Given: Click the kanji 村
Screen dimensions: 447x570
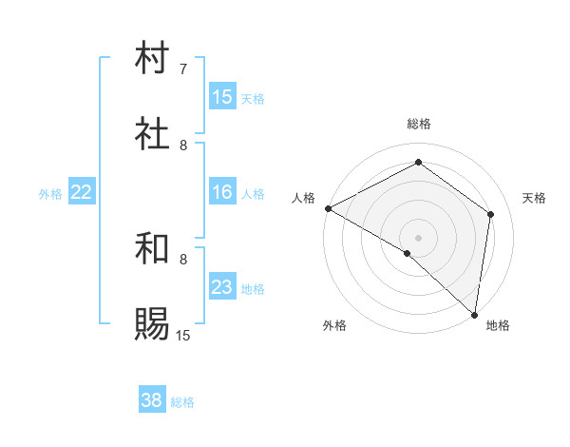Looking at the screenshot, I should [153, 58].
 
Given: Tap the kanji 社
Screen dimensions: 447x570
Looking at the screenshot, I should [153, 134].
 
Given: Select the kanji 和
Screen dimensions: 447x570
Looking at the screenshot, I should [153, 249].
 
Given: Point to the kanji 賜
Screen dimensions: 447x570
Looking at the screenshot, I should [153, 324].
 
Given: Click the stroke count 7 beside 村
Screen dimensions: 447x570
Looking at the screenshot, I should [183, 69].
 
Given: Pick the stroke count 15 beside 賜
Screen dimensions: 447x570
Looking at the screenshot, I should [183, 335].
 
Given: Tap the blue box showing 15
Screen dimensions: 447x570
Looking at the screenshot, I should [222, 97].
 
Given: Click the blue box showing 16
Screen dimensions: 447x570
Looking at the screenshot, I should [222, 192].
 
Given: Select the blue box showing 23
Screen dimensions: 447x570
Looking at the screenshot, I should [222, 287].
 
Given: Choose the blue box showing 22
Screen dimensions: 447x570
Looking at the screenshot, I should [82, 192].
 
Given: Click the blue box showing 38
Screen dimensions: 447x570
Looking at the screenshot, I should [152, 400].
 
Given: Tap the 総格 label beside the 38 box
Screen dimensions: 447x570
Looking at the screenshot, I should [182, 402].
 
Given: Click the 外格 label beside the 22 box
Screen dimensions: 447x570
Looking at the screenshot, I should [50, 194].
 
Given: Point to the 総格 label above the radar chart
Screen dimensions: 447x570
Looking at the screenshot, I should [419, 124].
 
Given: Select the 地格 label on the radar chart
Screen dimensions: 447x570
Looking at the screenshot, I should [498, 326].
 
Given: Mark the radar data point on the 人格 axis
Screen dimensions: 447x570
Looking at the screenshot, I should [328, 208].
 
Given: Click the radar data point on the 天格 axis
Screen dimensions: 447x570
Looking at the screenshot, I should [491, 214].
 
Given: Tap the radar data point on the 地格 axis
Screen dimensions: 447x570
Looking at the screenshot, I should [474, 313].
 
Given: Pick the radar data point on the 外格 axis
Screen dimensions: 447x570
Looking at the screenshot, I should [408, 253].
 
